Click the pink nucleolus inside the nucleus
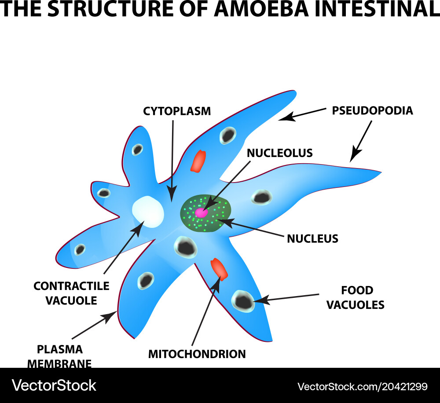[x=201, y=213]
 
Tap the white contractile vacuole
[x=148, y=212]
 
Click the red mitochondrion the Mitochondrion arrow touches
[x=219, y=269]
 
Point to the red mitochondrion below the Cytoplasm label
[x=198, y=161]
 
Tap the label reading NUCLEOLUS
[x=279, y=153]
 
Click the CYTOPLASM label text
[x=177, y=111]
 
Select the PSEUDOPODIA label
[x=372, y=110]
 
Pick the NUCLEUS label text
[x=312, y=239]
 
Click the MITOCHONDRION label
[x=197, y=354]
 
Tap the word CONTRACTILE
[x=71, y=286]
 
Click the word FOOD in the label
[x=357, y=290]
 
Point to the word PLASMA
[x=60, y=350]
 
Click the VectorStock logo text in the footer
[x=54, y=385]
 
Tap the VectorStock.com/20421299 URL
[x=362, y=386]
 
